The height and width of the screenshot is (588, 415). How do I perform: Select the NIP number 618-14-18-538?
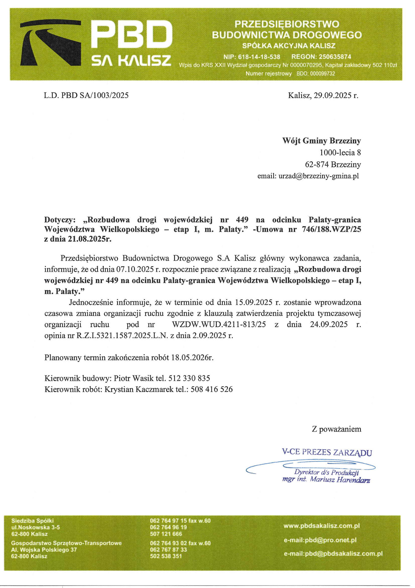(259, 57)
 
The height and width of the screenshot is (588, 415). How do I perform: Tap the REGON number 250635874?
(335, 57)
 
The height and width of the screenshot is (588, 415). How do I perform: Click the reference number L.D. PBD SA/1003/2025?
(86, 95)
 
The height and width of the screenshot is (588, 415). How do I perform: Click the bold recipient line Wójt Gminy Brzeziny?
(321, 141)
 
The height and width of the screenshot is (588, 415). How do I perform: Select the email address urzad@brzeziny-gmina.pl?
(318, 176)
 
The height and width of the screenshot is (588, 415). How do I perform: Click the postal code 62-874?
(317, 164)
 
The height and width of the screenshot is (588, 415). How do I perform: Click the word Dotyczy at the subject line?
(59, 220)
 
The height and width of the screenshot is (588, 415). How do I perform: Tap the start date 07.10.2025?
(135, 269)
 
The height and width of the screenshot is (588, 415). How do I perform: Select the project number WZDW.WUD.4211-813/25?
(219, 324)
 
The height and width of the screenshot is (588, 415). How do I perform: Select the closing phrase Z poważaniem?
(336, 429)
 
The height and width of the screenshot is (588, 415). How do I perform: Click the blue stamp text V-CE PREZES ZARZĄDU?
(327, 452)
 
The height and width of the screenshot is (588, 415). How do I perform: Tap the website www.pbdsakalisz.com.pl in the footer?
(321, 526)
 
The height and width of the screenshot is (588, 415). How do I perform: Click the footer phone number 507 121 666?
(166, 534)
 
